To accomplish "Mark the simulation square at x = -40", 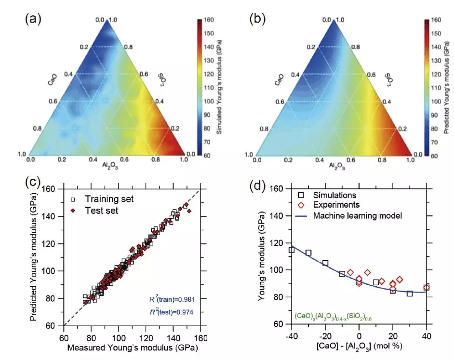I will [x=292, y=250].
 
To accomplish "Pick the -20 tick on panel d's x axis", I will [x=324, y=335].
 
